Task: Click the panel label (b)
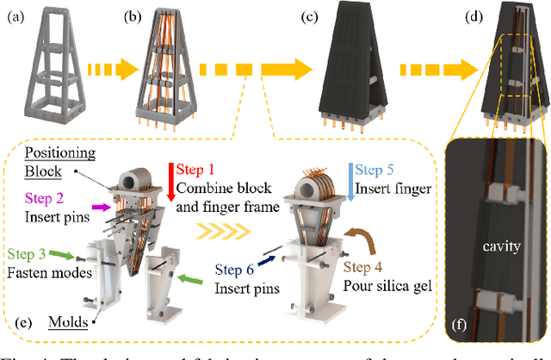[x=135, y=15]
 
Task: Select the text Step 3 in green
[x=28, y=252]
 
